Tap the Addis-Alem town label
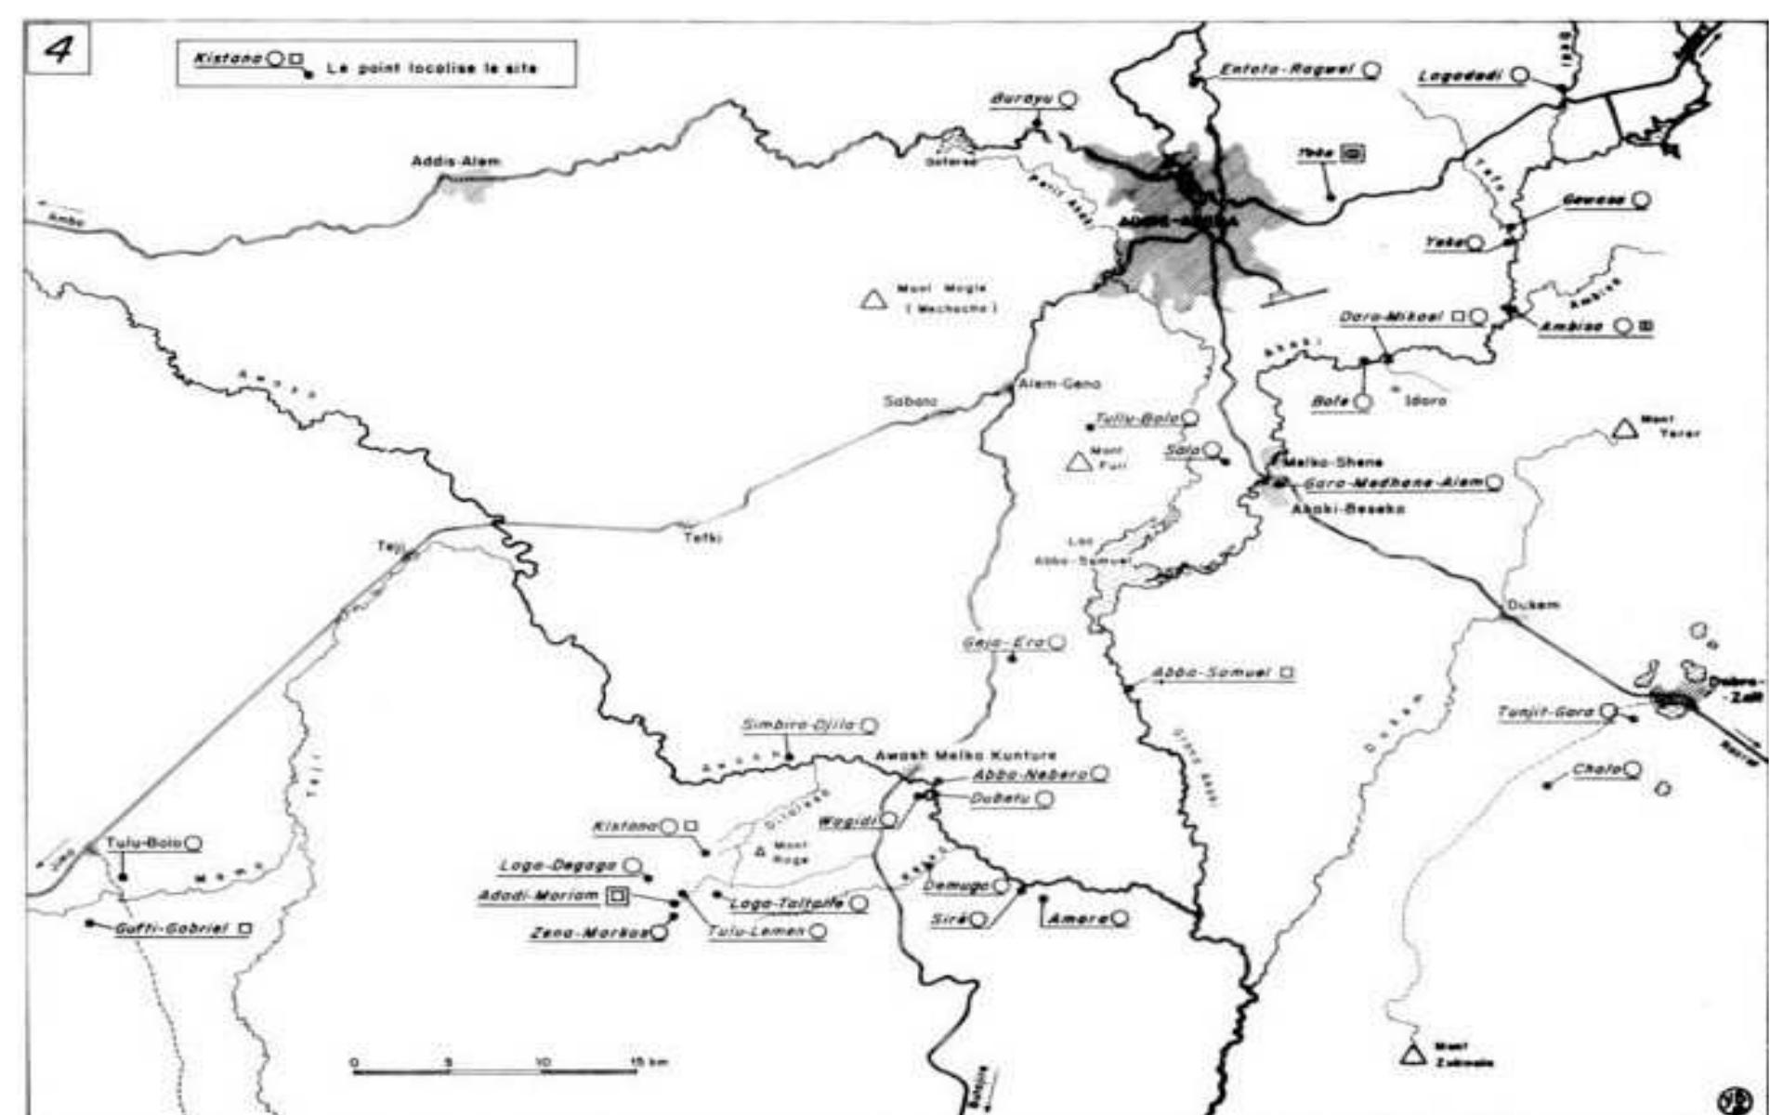[x=455, y=162]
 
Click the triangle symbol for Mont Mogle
[x=872, y=299]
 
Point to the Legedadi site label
[x=1461, y=76]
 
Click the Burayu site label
[x=1020, y=98]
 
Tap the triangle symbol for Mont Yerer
[x=1624, y=428]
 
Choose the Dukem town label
[x=1533, y=605]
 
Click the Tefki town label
[x=702, y=537]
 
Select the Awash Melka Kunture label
[x=964, y=755]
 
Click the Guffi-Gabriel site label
[x=171, y=928]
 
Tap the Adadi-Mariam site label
[x=538, y=896]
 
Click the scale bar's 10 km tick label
[x=543, y=1062]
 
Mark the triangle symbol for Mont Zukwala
[x=1413, y=1055]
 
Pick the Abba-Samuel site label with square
[x=1211, y=672]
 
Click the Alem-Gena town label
[x=1059, y=383]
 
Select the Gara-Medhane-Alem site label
[x=1394, y=483]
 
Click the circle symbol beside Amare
[x=1121, y=918]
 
